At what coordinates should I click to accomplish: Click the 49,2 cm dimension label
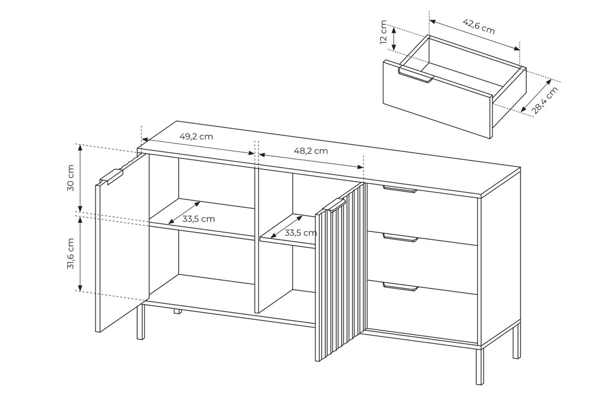tap(196, 137)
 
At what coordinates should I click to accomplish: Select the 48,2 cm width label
tap(311, 151)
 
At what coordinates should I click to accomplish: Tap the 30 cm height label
tap(71, 178)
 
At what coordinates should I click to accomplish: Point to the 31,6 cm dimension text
tap(71, 253)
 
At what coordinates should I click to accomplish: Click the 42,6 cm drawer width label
tap(479, 27)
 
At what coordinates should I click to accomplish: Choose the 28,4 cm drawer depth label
tap(545, 100)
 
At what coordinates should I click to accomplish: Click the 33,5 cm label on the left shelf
tap(199, 219)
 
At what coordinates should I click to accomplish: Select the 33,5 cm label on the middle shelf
tap(300, 233)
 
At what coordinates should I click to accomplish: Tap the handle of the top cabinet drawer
tap(400, 189)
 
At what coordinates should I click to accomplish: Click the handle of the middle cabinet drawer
tap(401, 238)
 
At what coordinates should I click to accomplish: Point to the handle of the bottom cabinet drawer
tap(401, 287)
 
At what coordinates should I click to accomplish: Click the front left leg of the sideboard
tap(141, 322)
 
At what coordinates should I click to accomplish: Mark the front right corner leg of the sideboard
tap(480, 367)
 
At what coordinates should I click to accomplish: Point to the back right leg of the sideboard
tap(517, 341)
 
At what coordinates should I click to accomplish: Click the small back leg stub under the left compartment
tap(178, 311)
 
